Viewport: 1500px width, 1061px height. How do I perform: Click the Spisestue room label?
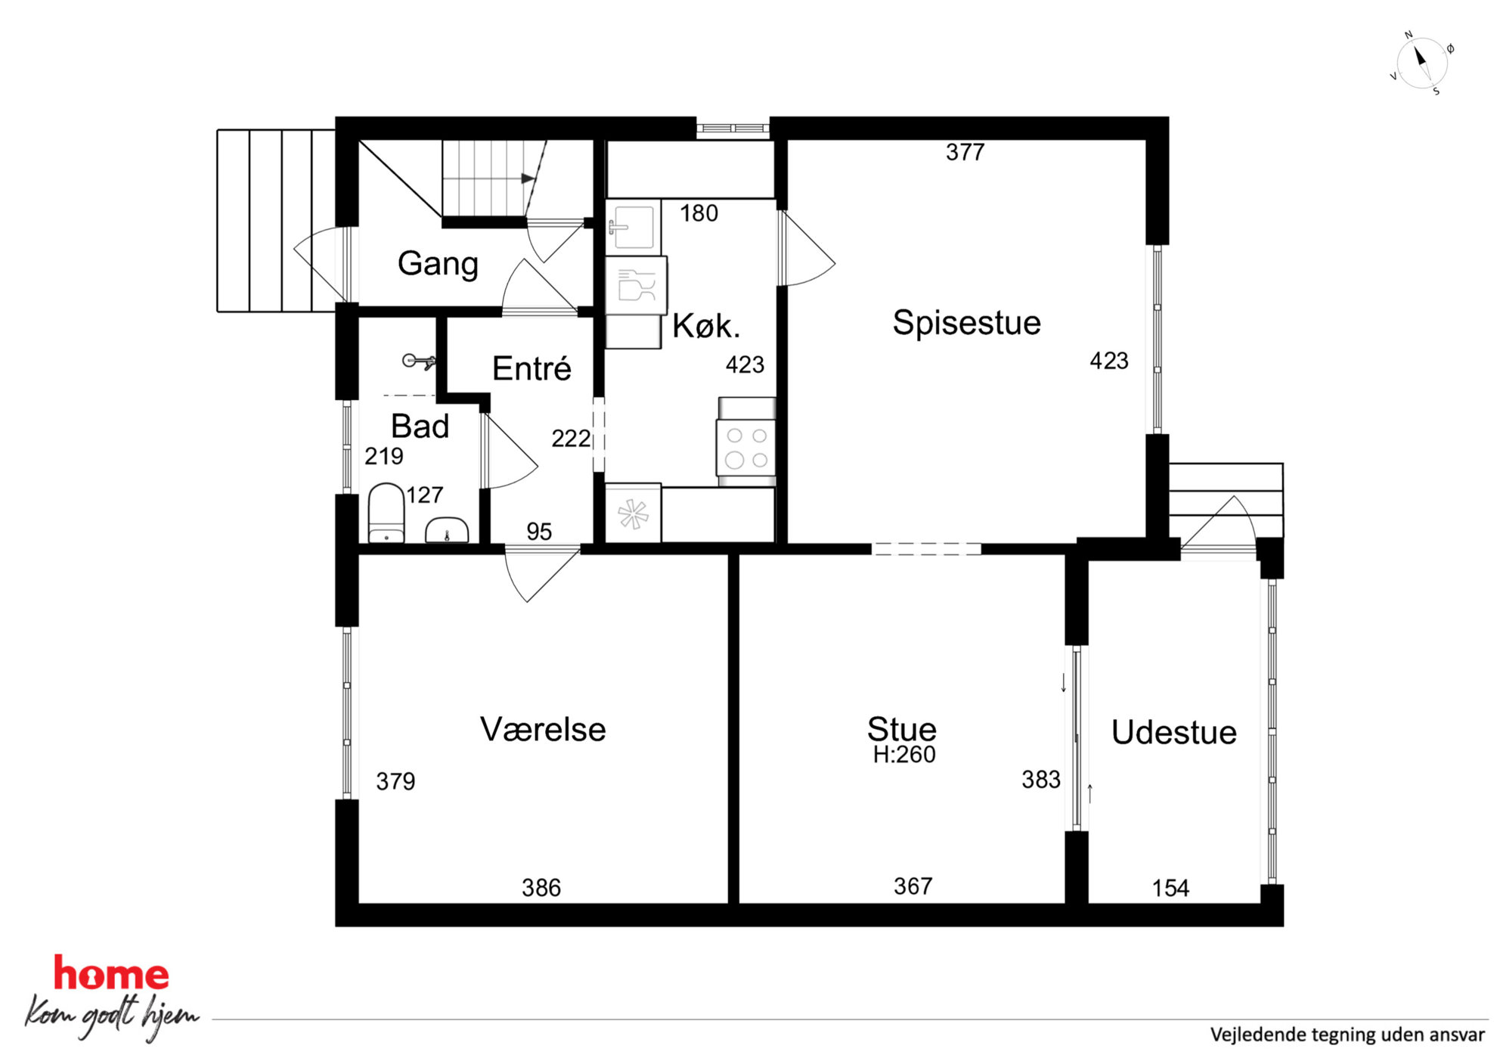point(966,323)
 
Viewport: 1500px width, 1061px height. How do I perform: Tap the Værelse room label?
point(543,730)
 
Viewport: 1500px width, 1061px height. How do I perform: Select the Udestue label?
point(1173,733)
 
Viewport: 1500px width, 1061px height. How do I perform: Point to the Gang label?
point(438,264)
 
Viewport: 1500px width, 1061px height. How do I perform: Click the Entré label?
point(532,369)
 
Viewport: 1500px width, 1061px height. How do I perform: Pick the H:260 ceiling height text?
point(904,755)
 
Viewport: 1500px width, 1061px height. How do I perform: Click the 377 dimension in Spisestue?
point(965,153)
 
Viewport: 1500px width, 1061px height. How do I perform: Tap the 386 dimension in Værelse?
point(541,888)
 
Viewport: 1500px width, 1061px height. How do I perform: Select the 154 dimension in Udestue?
point(1170,889)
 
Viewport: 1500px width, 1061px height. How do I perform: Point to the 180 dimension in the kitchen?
point(699,213)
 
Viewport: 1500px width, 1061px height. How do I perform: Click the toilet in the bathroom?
point(386,513)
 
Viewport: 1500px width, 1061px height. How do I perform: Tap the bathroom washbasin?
point(447,530)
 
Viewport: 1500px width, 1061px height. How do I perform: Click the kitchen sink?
point(633,225)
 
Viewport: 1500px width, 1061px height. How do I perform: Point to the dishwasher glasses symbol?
point(636,286)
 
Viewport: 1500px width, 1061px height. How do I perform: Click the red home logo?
point(111,974)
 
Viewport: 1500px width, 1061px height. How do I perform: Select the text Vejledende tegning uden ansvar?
point(1347,1035)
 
